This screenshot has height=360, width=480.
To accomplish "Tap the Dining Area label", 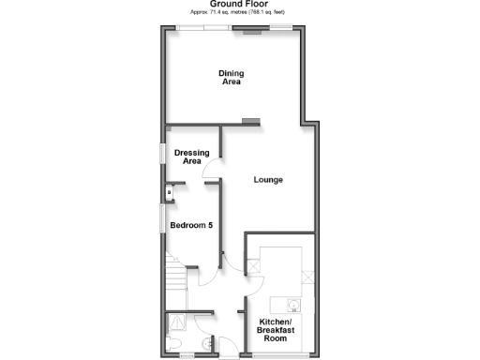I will (x=231, y=78).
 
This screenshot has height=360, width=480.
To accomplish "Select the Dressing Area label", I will (x=192, y=157).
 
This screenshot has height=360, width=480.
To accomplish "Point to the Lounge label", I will (x=268, y=180).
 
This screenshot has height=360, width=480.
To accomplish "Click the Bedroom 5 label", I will (x=192, y=225).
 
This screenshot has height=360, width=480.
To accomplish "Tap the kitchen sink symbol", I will (x=292, y=304).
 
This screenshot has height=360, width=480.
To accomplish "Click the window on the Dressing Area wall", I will (x=162, y=153).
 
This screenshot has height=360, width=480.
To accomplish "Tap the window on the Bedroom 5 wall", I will (x=162, y=217).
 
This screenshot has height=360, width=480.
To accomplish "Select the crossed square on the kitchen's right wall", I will (x=307, y=277).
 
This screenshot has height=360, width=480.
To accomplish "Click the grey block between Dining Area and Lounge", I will (x=250, y=121).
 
